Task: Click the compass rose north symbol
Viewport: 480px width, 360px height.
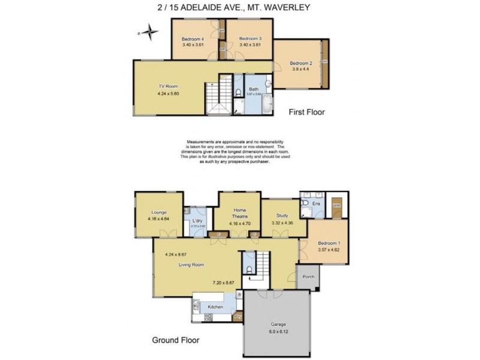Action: pyautogui.click(x=149, y=33)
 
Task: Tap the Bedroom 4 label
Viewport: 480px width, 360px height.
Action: pyautogui.click(x=193, y=40)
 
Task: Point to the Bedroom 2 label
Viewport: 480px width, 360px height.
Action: pyautogui.click(x=301, y=63)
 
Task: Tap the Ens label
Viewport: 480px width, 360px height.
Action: pyautogui.click(x=317, y=204)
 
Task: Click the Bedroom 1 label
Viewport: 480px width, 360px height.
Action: pyautogui.click(x=328, y=243)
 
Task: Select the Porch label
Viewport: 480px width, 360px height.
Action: pyautogui.click(x=309, y=277)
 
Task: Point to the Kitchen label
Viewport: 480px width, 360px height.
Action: pyautogui.click(x=215, y=307)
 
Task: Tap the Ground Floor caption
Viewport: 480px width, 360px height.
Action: pyautogui.click(x=176, y=340)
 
